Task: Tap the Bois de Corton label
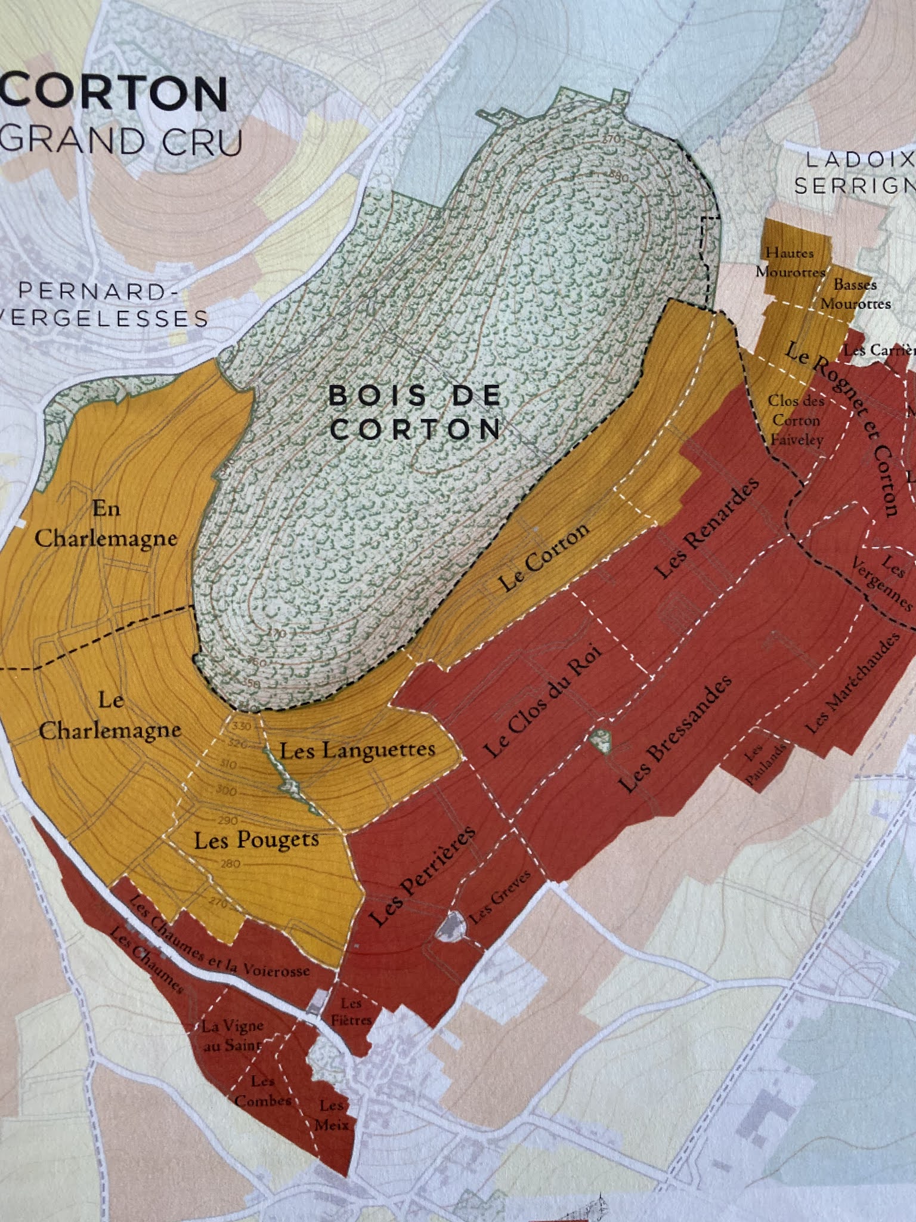click(415, 412)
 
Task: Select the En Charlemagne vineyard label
click(106, 524)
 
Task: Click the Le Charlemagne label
click(110, 715)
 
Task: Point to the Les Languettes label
click(357, 750)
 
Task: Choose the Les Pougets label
click(256, 841)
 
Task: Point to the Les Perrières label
click(422, 877)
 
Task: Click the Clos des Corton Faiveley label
click(796, 420)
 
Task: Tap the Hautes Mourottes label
click(790, 262)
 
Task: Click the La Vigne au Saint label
click(232, 1036)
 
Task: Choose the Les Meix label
click(332, 1115)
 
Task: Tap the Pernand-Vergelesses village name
click(101, 304)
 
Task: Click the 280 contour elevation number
click(230, 864)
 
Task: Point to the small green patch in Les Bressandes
click(600, 740)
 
